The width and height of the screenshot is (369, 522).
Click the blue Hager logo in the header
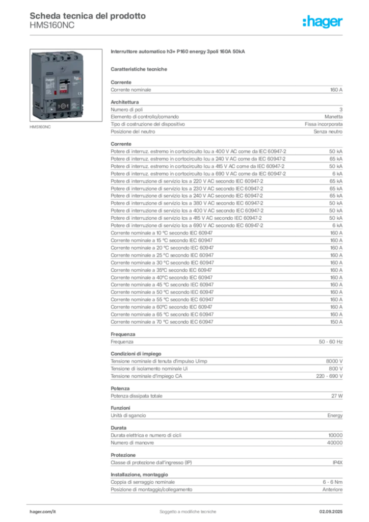coord(324,22)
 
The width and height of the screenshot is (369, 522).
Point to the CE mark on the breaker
coord(79,93)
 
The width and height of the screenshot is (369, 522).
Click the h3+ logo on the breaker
coord(77,79)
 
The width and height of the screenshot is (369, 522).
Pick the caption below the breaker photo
coord(40,128)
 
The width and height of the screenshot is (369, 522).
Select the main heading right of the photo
coord(179,53)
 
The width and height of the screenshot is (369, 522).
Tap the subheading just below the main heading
coord(140,68)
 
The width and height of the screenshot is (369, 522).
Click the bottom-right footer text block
coord(335,509)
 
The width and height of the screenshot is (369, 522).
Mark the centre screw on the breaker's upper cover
coord(63,68)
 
